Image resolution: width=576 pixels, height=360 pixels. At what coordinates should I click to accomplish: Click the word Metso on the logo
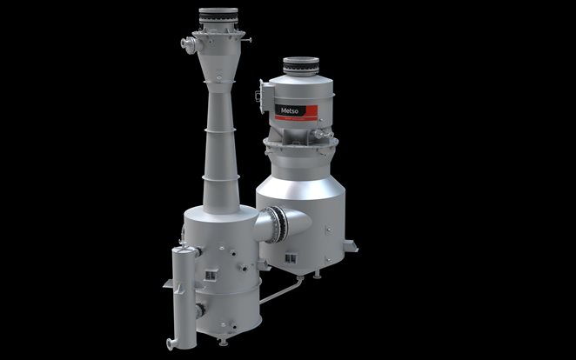point(289,110)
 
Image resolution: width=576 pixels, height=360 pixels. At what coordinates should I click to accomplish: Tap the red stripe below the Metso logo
point(296,117)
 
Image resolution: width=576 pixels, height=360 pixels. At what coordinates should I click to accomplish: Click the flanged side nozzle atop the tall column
point(190,44)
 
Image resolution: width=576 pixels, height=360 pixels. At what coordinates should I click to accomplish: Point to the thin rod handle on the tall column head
point(248,40)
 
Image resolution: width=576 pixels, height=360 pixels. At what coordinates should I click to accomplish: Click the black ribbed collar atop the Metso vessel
point(301,67)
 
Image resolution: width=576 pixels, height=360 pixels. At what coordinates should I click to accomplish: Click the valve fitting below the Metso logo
point(322,134)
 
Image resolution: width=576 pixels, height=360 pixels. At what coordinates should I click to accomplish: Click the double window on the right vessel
point(291,258)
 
